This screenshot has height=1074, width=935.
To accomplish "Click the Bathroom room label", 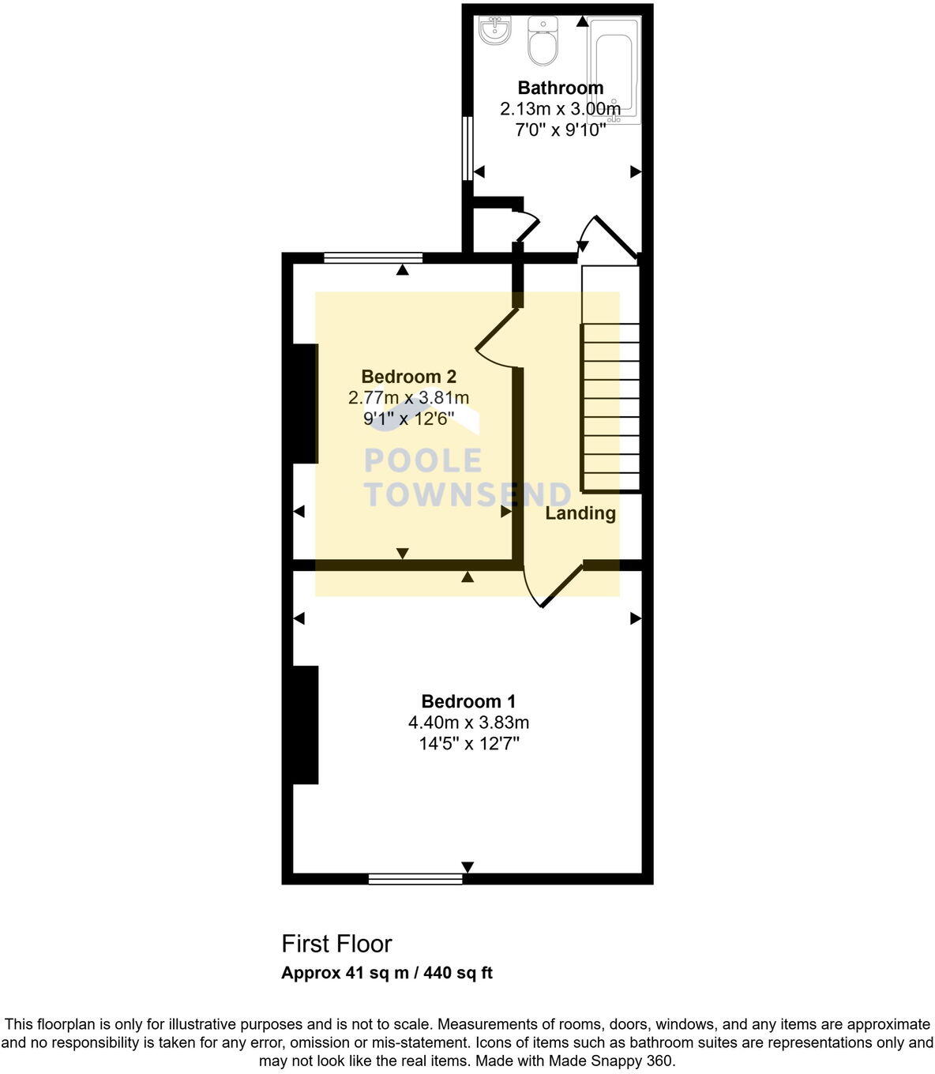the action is (x=560, y=88).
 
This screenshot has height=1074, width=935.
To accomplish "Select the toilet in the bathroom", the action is (x=543, y=40).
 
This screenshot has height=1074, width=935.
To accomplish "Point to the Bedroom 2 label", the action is (x=408, y=377).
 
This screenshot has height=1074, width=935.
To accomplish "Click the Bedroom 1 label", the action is (x=468, y=701).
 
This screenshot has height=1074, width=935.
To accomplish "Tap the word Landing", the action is (x=580, y=513).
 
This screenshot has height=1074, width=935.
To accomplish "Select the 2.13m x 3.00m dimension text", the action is (x=560, y=109).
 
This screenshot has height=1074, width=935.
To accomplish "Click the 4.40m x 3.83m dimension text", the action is (x=468, y=723).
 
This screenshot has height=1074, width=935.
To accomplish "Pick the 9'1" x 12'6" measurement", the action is (x=408, y=419).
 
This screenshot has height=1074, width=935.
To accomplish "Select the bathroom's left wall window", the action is (x=467, y=148).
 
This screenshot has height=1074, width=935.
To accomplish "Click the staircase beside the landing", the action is (x=610, y=379).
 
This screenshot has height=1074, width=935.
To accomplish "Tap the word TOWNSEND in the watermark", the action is (x=467, y=494).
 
